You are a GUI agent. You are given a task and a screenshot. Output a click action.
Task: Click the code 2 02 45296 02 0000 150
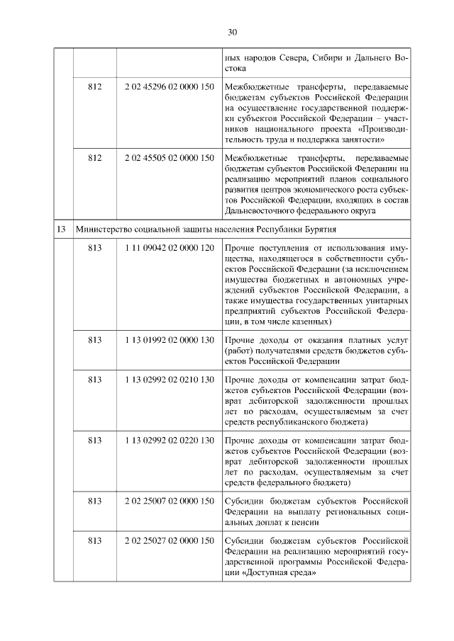(168, 86)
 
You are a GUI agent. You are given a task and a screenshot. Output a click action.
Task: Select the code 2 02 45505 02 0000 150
(168, 157)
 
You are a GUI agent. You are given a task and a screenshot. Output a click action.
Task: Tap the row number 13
(62, 229)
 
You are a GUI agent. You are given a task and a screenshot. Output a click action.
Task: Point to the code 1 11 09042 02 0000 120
(168, 249)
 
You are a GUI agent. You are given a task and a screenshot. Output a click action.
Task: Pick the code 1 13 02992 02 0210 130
(168, 380)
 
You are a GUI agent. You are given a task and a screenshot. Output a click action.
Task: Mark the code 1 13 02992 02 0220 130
(168, 441)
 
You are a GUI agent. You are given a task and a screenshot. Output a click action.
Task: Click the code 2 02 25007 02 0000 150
(168, 501)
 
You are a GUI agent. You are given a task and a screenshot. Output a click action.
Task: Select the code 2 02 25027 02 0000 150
(168, 541)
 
